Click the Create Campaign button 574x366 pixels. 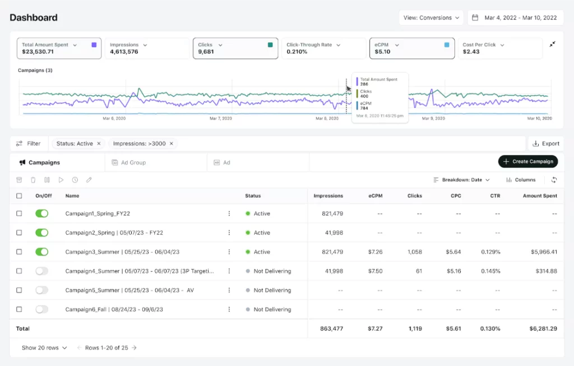pyautogui.click(x=528, y=162)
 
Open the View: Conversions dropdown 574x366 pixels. pyautogui.click(x=431, y=18)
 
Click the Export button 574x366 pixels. pyautogui.click(x=545, y=144)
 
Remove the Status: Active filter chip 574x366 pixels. pyautogui.click(x=99, y=144)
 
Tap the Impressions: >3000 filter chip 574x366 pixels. pyautogui.click(x=140, y=144)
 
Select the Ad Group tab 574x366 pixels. pyautogui.click(x=133, y=162)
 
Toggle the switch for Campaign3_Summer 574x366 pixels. pyautogui.click(x=41, y=252)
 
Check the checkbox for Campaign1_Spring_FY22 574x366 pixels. pyautogui.click(x=19, y=214)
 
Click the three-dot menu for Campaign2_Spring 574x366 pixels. pyautogui.click(x=229, y=233)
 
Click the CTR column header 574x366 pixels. pyautogui.click(x=494, y=196)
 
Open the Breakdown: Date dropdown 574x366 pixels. pyautogui.click(x=461, y=180)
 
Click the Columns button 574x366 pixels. pyautogui.click(x=521, y=180)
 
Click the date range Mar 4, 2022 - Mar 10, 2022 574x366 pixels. pyautogui.click(x=515, y=18)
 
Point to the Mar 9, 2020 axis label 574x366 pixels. pyautogui.click(x=433, y=119)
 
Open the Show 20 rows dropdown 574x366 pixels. pyautogui.click(x=44, y=348)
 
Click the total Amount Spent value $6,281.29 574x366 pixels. pyautogui.click(x=540, y=328)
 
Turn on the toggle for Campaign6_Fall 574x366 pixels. pyautogui.click(x=41, y=309)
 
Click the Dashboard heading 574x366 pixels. pyautogui.click(x=34, y=17)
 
